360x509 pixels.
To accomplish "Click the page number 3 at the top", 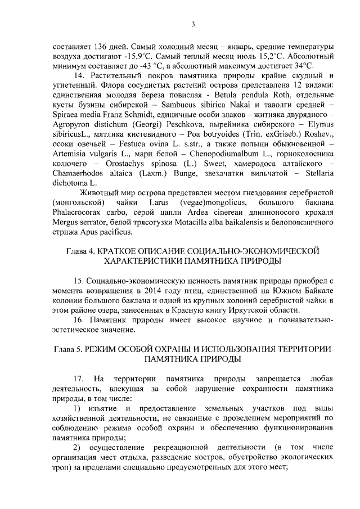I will pyautogui.click(x=192, y=24).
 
